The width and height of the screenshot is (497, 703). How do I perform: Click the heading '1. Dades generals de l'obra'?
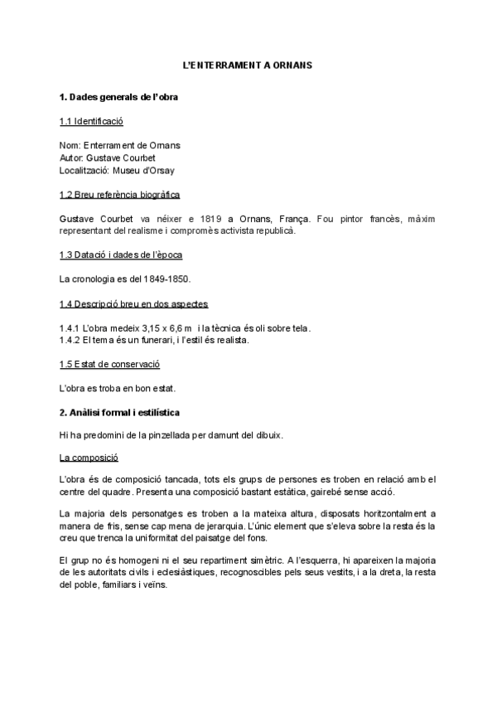(118, 97)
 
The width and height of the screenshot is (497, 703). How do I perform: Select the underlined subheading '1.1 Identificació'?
(91, 121)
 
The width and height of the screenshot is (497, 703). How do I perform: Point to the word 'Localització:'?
(85, 171)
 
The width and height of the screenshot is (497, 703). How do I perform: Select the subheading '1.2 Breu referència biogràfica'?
(120, 195)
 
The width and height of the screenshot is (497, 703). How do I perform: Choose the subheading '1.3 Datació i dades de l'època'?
(121, 254)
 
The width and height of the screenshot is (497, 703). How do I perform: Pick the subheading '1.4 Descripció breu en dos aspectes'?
(133, 303)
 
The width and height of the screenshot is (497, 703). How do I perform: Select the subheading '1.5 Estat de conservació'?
(109, 364)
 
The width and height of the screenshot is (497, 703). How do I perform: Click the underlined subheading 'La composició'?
(89, 457)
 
